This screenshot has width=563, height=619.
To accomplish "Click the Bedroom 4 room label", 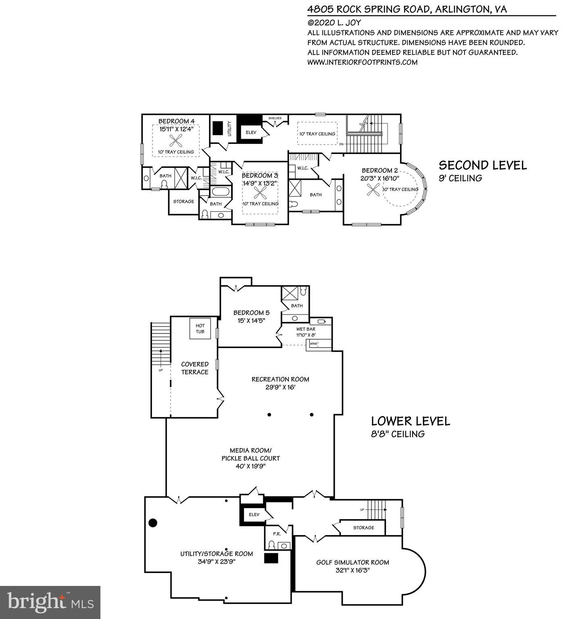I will point(176,121).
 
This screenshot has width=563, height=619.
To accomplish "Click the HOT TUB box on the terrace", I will point(200,329).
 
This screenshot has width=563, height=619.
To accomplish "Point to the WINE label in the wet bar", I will point(313,344).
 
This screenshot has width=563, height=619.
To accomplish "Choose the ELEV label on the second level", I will point(251,132).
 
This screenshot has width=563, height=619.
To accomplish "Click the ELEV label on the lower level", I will point(254,515).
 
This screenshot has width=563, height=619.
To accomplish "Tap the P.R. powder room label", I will point(277,534).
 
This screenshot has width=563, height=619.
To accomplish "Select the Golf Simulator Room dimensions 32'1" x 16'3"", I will point(352,570).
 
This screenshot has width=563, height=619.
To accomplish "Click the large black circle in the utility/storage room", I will point(153,523).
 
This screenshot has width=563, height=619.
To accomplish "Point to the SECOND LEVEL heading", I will point(482,165).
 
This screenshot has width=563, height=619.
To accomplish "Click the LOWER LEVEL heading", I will point(410,421).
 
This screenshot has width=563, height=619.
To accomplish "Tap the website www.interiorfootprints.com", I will point(362,62).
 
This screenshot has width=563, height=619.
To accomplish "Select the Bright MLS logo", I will point(50,602).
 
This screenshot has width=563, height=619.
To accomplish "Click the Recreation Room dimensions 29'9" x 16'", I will point(280,387).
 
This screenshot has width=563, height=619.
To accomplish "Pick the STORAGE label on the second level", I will point(183,201).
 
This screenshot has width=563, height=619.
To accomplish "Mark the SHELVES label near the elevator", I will point(275,118).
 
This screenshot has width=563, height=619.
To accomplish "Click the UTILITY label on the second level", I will point(230,128).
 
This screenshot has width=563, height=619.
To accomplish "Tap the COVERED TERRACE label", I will point(195,368).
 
